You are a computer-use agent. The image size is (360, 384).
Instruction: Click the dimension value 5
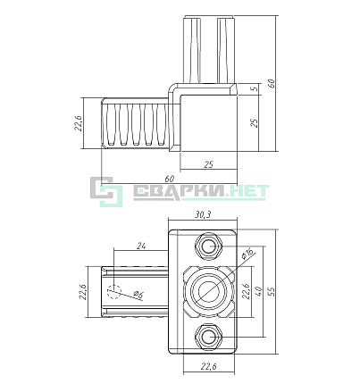255,89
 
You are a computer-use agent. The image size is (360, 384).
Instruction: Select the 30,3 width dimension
203,214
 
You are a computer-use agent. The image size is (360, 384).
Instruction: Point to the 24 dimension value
141,246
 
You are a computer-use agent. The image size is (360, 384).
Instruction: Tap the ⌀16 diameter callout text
247,254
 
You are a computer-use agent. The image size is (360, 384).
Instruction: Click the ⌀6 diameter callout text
138,295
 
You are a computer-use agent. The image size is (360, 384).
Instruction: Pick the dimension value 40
258,291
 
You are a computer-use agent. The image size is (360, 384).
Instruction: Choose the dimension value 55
272,292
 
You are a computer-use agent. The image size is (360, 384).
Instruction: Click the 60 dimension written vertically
272,83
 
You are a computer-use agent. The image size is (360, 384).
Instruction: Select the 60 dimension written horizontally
169,179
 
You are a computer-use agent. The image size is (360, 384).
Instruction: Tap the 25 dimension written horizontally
208,164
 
